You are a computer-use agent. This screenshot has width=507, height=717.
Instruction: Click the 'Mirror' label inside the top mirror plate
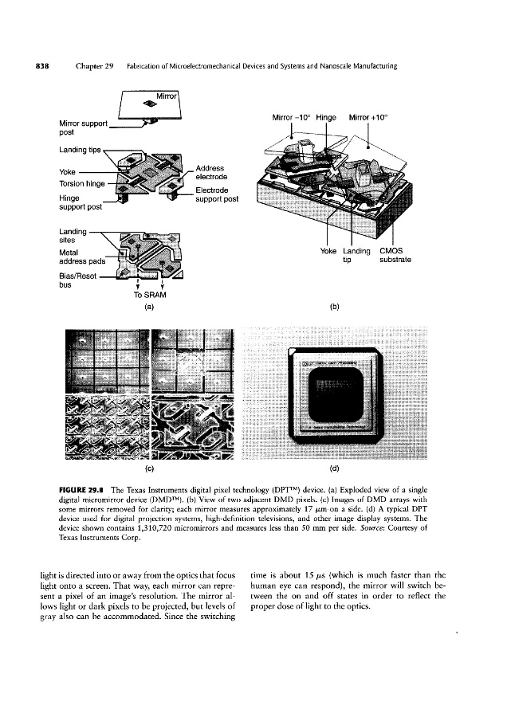[x=167, y=97]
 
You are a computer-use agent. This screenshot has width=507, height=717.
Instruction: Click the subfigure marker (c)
[x=149, y=467]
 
